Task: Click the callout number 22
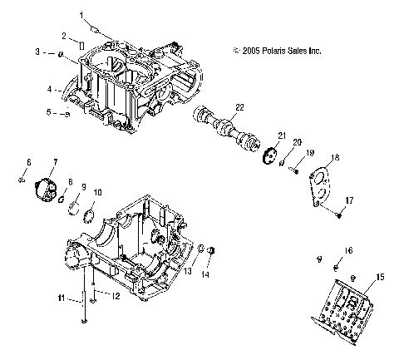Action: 239,106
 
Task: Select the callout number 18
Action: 336,157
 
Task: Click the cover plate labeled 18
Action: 322,185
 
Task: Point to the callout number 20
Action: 298,142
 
